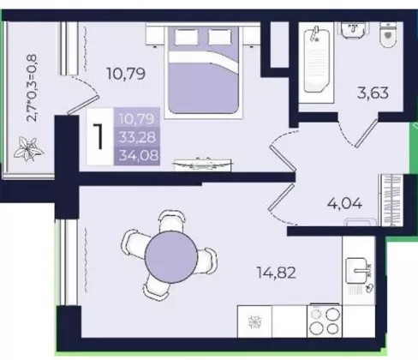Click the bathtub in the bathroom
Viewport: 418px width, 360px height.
click(x=316, y=63)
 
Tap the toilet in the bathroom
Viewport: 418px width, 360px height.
click(x=389, y=34)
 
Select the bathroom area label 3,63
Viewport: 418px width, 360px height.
click(x=373, y=93)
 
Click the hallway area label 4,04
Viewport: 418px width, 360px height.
click(x=345, y=204)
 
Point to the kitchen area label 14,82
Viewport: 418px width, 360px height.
click(x=277, y=273)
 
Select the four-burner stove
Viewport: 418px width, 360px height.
click(x=325, y=321)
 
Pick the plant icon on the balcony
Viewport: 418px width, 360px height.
click(x=28, y=148)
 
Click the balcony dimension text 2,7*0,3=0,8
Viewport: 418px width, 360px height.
click(x=32, y=88)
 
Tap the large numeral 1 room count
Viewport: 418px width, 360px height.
click(x=99, y=137)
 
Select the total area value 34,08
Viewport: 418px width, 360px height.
click(x=139, y=156)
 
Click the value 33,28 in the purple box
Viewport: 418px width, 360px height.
click(x=138, y=137)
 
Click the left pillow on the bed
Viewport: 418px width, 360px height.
click(x=186, y=37)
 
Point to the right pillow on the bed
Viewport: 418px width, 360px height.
click(x=220, y=37)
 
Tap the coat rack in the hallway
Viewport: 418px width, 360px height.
click(x=393, y=200)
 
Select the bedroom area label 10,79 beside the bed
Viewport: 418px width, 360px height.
click(x=126, y=74)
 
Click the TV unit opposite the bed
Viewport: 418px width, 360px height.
click(x=202, y=165)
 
